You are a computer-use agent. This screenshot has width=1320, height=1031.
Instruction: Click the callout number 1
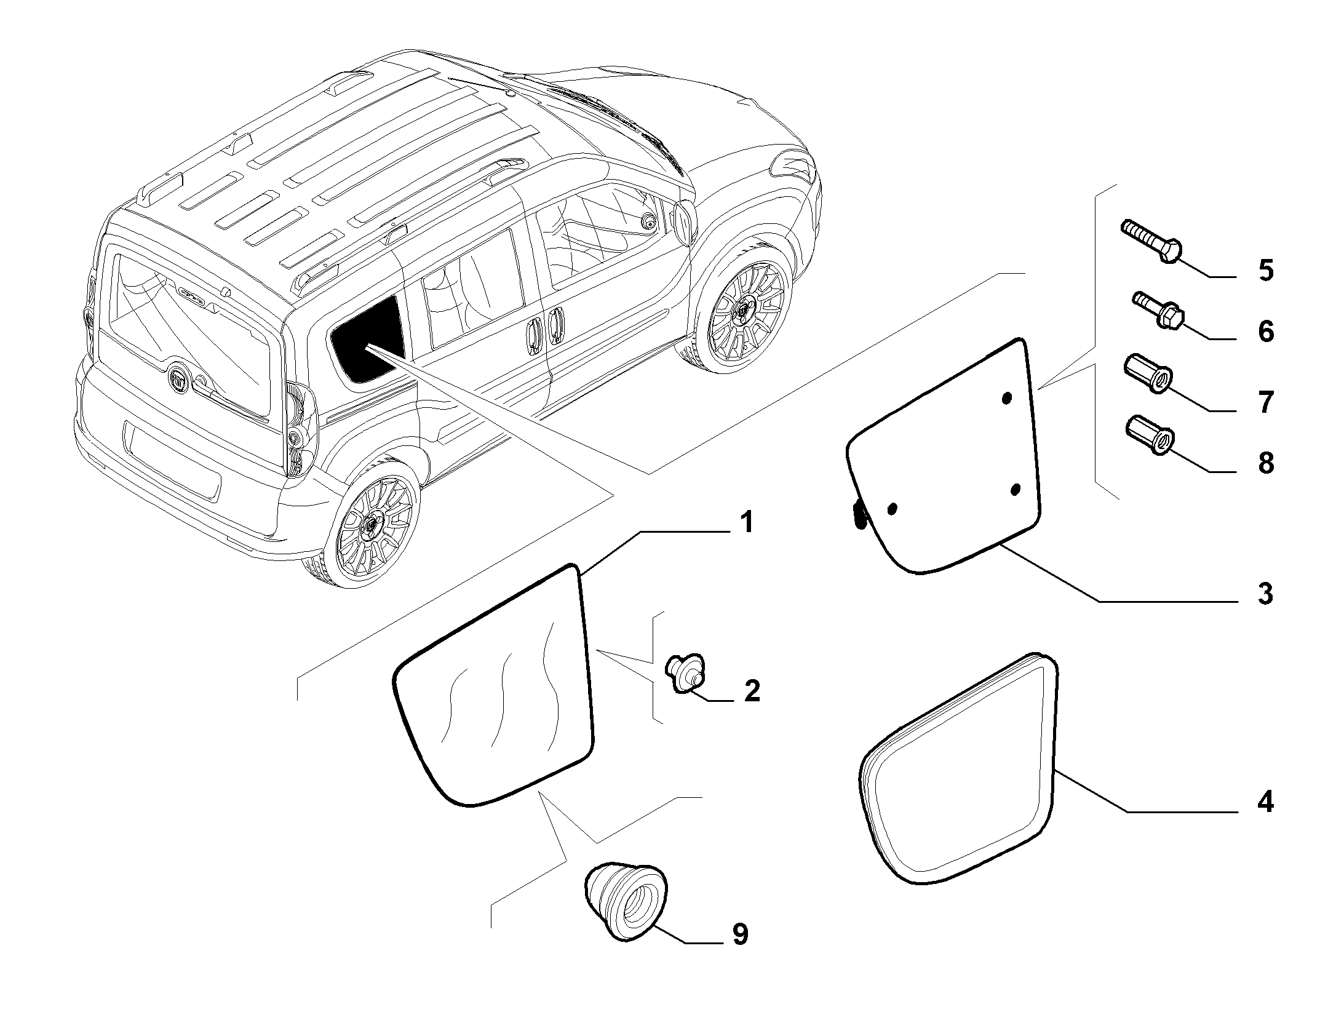coord(745,523)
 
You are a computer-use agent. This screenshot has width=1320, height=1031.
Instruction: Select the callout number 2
coord(752,691)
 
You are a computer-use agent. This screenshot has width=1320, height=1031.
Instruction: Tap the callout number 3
coord(1265,594)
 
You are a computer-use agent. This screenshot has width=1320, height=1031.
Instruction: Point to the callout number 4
coord(1265,802)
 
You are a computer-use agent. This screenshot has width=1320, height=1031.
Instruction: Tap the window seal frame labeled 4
coord(958,770)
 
